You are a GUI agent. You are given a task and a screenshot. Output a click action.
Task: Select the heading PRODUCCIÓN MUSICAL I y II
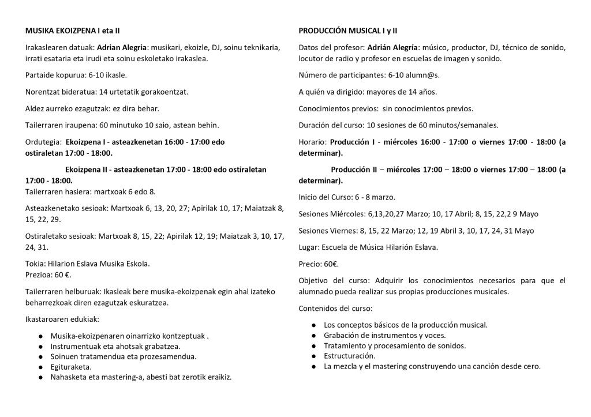click(351, 30)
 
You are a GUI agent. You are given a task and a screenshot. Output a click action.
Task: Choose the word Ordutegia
click(43, 142)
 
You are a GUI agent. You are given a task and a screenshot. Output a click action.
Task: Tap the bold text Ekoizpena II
click(87, 170)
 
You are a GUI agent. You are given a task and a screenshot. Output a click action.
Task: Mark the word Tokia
click(35, 264)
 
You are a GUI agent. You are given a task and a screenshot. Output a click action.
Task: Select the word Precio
click(311, 264)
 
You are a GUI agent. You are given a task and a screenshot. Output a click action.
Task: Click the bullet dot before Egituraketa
click(41, 367)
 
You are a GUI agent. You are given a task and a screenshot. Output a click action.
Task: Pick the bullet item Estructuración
click(350, 356)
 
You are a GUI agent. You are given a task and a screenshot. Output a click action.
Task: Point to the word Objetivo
click(314, 281)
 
